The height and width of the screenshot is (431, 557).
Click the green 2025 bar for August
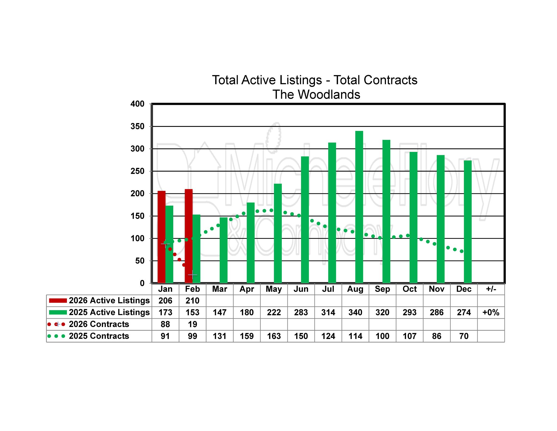click(x=359, y=207)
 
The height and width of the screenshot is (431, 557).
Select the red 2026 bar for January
click(x=162, y=237)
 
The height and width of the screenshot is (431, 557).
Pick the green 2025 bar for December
click(x=468, y=222)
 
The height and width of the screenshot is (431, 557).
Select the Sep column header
click(x=382, y=289)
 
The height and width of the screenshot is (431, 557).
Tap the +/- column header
click(x=491, y=289)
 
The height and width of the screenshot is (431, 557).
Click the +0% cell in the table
click(x=491, y=312)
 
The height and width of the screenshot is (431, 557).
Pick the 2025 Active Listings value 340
click(x=355, y=312)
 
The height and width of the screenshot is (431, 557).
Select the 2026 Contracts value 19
click(x=192, y=324)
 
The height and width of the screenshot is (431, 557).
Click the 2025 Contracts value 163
click(x=274, y=336)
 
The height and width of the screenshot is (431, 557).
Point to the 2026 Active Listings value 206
click(x=165, y=301)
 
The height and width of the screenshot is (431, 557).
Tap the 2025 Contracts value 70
click(x=464, y=336)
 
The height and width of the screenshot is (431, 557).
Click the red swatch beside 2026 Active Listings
click(x=58, y=301)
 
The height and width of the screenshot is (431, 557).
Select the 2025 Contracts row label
click(x=99, y=336)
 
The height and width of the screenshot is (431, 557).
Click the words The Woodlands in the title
click(x=316, y=94)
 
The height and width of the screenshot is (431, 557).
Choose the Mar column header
click(x=219, y=289)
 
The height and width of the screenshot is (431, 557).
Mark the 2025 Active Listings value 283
click(x=301, y=312)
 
